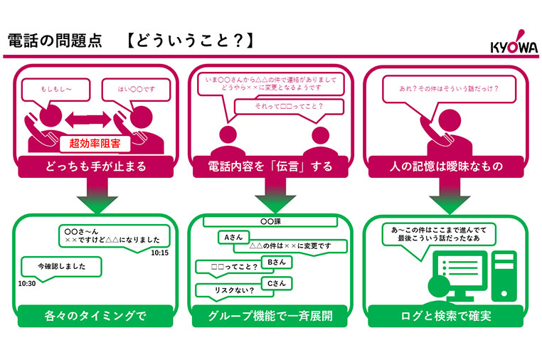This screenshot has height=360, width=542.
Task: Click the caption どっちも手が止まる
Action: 95,166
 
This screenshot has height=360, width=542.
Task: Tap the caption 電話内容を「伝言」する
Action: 270,166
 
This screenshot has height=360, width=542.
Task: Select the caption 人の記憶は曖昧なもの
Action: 446,166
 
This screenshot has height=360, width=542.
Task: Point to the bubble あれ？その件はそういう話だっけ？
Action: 440,90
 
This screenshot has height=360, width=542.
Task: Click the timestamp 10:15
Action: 159,253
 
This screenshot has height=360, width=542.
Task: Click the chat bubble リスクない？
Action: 225,290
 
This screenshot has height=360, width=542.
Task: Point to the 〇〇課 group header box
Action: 271,222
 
